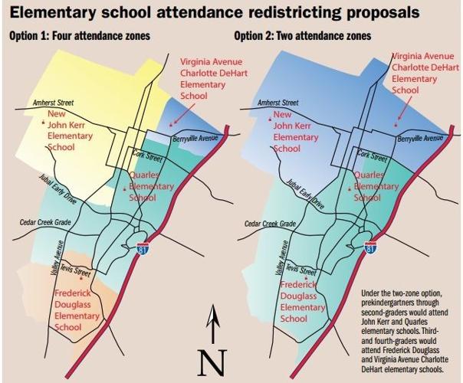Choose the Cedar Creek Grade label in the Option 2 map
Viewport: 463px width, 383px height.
[268, 224]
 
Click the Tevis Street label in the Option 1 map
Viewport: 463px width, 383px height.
[76, 273]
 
